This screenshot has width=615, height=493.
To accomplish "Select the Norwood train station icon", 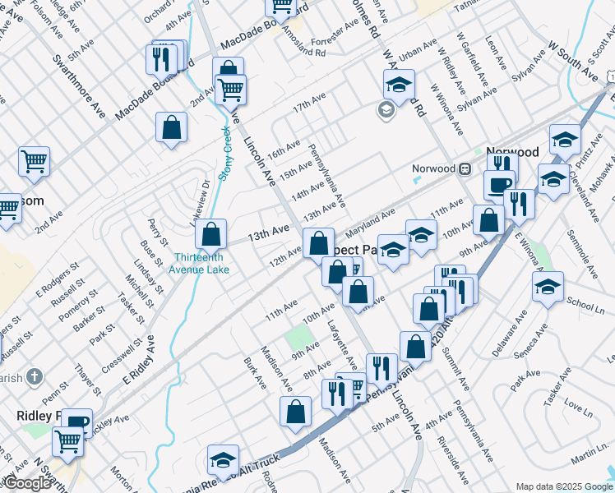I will pos(465,168).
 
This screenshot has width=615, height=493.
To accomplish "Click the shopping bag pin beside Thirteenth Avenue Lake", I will pos(211,234).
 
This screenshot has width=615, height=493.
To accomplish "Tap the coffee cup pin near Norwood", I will pos(499,184).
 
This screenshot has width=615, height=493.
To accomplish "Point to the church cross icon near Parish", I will pos(34,376).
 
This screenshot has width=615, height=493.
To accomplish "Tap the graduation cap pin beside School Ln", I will pos(548,287).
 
